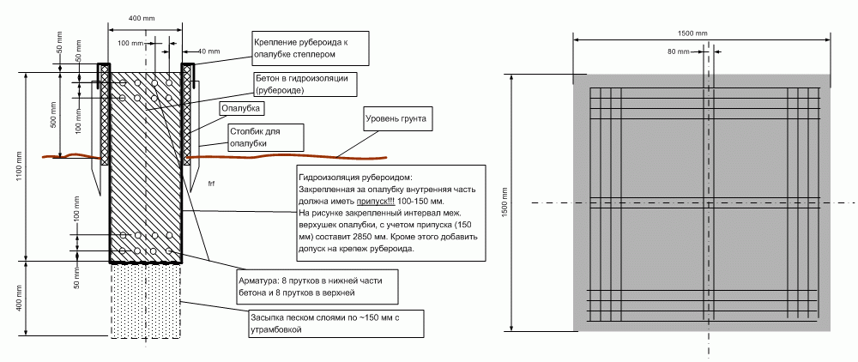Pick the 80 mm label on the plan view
coord(678,51)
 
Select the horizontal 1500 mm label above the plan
coord(692,33)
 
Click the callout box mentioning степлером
coord(310,47)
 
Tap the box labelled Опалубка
coord(240,109)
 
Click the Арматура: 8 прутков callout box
coord(317,287)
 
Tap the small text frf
coord(212,184)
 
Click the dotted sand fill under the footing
coord(146,300)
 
